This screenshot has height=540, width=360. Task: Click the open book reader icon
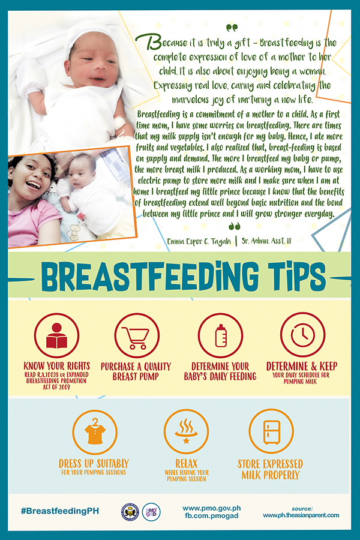pyautogui.click(x=56, y=335)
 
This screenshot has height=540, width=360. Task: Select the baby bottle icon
pyautogui.click(x=220, y=335)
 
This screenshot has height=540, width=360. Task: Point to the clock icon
pyautogui.click(x=303, y=335)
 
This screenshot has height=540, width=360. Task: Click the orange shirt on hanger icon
pyautogui.click(x=95, y=432)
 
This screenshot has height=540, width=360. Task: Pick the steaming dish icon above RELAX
pyautogui.click(x=186, y=431)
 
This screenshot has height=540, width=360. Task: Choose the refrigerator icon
pyautogui.click(x=271, y=431)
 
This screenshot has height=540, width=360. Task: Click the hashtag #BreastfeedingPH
pyautogui.click(x=59, y=511)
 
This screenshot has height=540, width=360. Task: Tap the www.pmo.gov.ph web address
pyautogui.click(x=212, y=508)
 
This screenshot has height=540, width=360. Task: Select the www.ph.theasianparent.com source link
pyautogui.click(x=301, y=515)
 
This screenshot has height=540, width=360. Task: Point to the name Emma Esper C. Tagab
pyautogui.click(x=199, y=241)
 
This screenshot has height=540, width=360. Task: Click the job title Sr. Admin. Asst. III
pyautogui.click(x=266, y=241)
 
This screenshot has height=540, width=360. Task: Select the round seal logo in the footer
pyautogui.click(x=130, y=512)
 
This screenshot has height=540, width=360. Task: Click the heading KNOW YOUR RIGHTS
pyautogui.click(x=57, y=366)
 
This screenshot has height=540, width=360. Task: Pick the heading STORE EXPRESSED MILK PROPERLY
pyautogui.click(x=271, y=469)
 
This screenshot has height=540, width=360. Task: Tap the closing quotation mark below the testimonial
pyautogui.click(x=235, y=226)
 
